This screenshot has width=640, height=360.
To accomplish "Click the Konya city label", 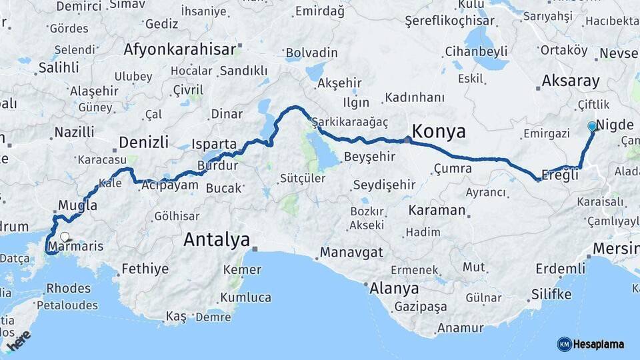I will click(x=439, y=131).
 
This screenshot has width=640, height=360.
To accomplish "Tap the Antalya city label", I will click(x=217, y=239).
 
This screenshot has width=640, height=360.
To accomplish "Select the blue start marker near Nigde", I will click(x=592, y=126).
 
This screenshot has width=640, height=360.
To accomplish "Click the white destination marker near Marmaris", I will click(x=65, y=236).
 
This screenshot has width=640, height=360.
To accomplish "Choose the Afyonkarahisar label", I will click(x=179, y=49).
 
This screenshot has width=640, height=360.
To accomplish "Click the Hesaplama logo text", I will click(x=599, y=344).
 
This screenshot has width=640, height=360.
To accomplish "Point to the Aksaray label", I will click(x=571, y=81).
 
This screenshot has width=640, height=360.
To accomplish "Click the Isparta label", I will click(x=214, y=144).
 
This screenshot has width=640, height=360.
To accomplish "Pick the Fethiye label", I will click(x=145, y=270).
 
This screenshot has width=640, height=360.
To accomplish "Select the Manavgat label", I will click(x=351, y=253).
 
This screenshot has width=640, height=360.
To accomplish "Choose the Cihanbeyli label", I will click(x=475, y=51).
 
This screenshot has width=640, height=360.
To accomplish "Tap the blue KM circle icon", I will click(x=565, y=344).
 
